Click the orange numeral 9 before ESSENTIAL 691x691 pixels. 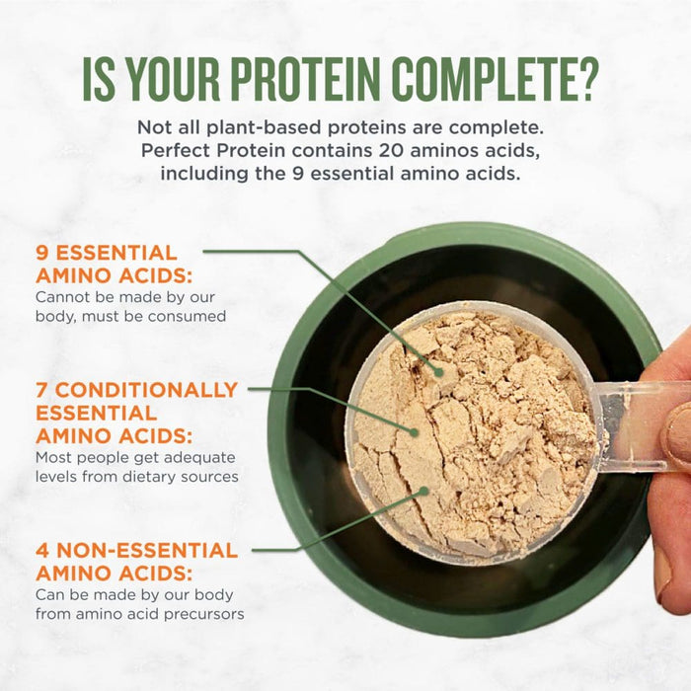pyautogui.click(x=42, y=253)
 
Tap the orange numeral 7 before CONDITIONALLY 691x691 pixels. pyautogui.click(x=42, y=390)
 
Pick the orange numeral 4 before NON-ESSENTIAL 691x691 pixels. pyautogui.click(x=42, y=550)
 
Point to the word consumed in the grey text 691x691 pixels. pyautogui.click(x=193, y=317)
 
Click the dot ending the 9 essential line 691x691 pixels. pyautogui.click(x=439, y=372)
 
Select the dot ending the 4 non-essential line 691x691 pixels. pyautogui.click(x=424, y=490)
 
